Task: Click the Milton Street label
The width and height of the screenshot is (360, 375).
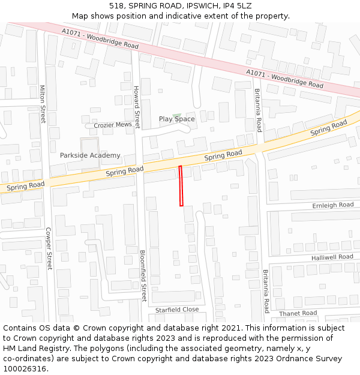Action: [43, 104]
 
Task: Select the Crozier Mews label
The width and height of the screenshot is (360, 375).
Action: [113, 125]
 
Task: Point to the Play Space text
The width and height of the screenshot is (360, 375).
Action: [177, 119]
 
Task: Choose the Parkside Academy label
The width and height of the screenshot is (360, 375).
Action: [90, 155]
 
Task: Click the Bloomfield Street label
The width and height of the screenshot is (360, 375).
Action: [143, 275]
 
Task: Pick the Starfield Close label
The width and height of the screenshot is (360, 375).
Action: [177, 310]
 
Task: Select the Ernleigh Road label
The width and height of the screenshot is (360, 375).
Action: [333, 205]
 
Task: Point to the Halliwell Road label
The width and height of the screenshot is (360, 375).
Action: [332, 257]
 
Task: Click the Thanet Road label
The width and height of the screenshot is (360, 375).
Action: [298, 313]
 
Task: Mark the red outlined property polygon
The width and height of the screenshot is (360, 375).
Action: [181, 186]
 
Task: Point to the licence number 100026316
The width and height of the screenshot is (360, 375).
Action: [24, 369]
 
